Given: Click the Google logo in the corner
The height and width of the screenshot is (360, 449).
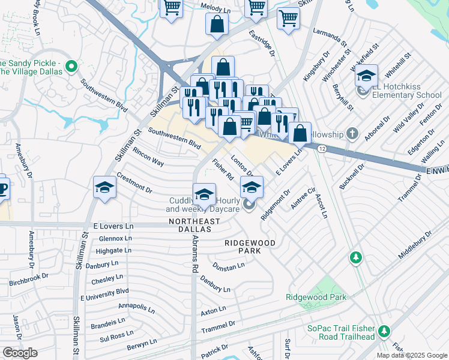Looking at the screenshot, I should [x=20, y=353].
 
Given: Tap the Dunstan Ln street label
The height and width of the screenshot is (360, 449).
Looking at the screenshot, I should [x=229, y=265].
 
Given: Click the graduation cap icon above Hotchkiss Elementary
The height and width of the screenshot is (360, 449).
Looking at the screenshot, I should [x=366, y=76].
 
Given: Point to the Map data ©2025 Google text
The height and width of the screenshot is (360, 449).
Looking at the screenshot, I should [x=411, y=355].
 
